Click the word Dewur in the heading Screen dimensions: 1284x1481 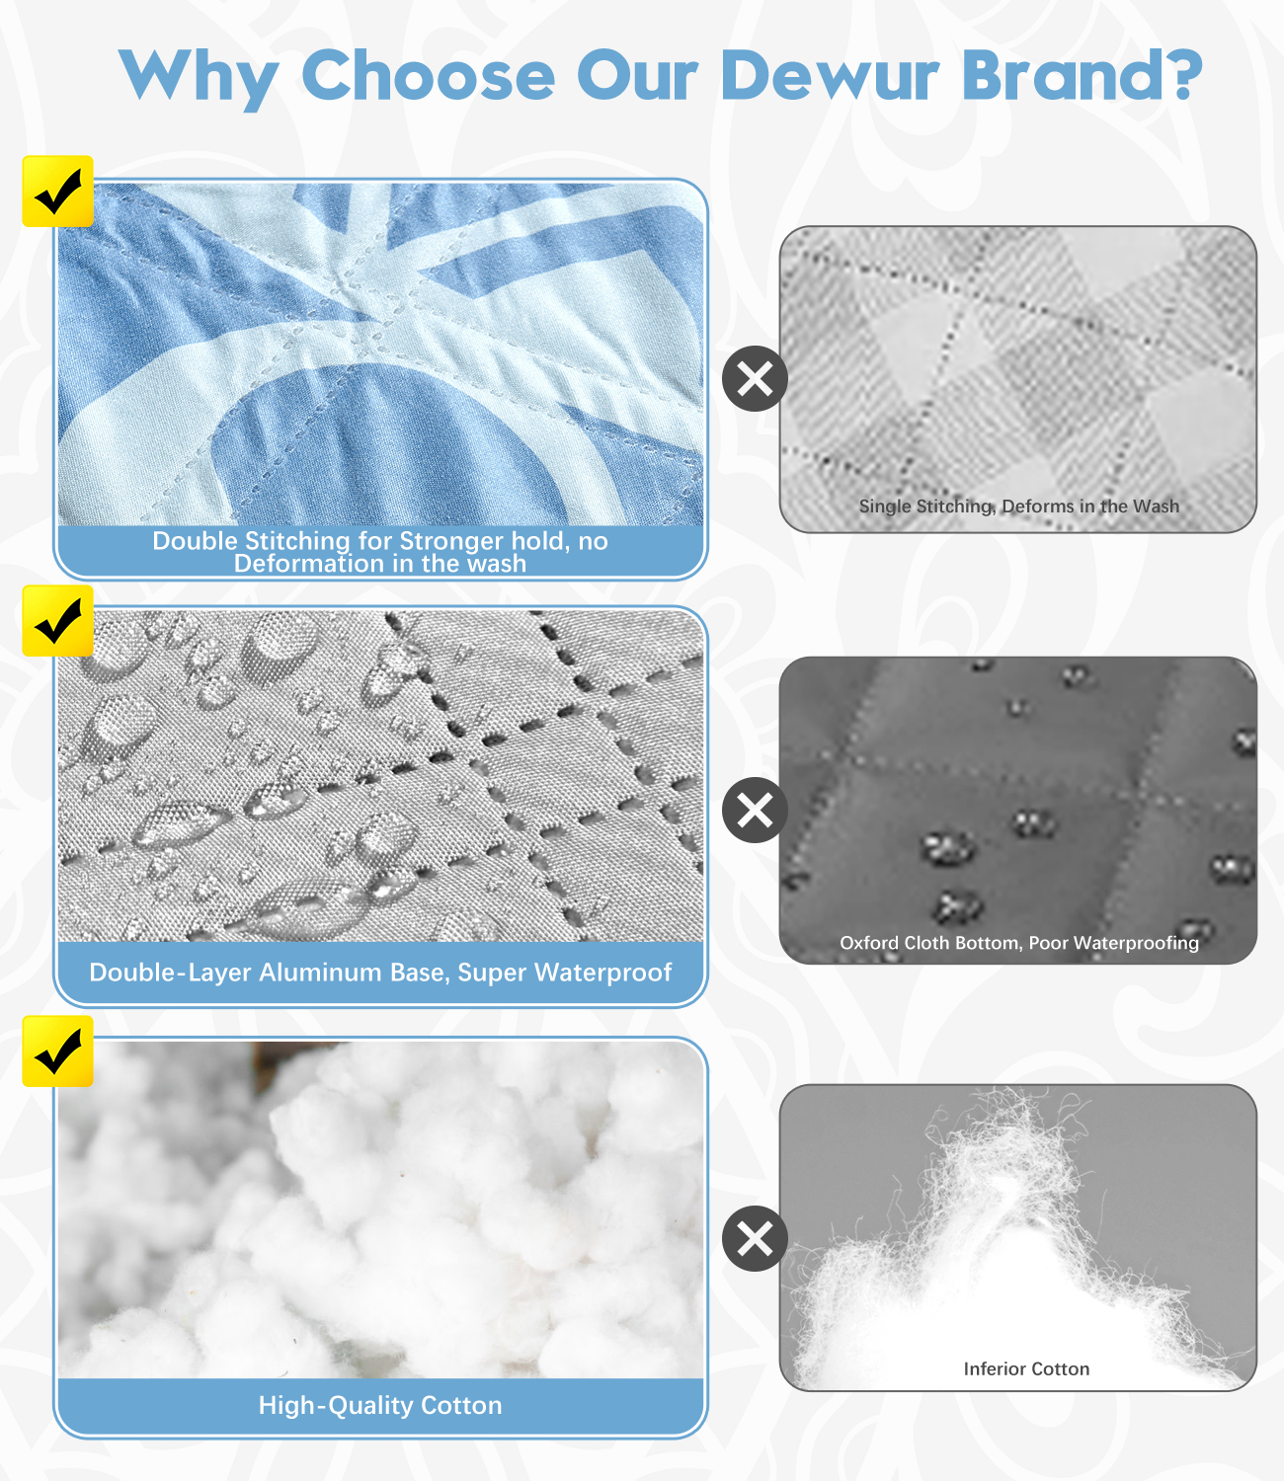click(x=831, y=75)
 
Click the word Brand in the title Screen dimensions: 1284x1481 click(x=1063, y=74)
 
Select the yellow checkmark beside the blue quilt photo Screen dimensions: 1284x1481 click(x=58, y=192)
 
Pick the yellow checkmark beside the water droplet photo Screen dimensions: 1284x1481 click(x=58, y=620)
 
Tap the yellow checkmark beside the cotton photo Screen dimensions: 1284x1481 click(x=58, y=1052)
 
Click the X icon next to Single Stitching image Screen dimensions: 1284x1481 click(x=755, y=378)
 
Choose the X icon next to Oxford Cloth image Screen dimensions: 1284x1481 click(x=755, y=810)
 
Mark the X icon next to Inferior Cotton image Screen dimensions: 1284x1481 click(x=755, y=1239)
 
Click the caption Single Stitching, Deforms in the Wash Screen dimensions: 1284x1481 click(x=1018, y=506)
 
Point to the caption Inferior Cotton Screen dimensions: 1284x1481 click(x=1026, y=1368)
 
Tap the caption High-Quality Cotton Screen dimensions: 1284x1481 click(x=380, y=1405)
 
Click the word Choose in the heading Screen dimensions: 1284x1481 click(x=429, y=75)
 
